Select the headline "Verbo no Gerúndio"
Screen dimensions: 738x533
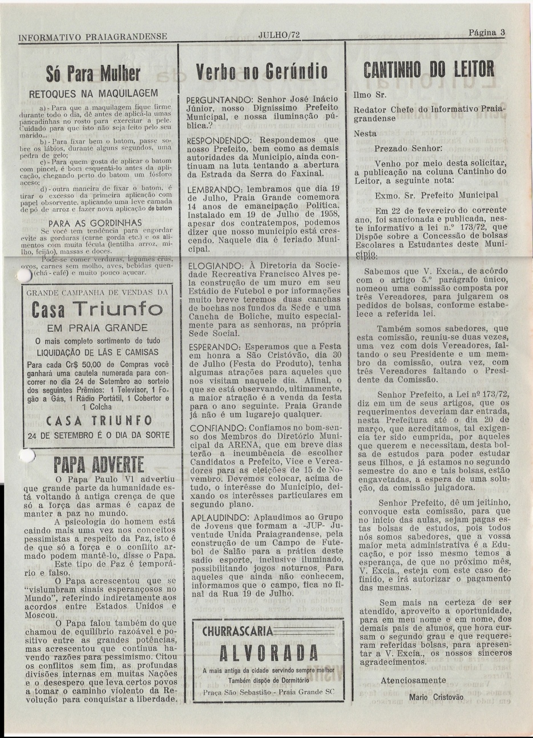261,72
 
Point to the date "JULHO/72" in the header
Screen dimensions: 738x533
278,35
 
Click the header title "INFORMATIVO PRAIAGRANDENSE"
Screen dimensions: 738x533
93,38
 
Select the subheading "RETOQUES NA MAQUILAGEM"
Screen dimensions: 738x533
93,94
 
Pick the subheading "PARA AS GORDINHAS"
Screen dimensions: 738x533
95,222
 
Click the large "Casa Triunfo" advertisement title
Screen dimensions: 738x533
94,310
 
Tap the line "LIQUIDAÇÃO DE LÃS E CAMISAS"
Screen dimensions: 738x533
94,352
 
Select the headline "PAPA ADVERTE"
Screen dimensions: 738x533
97,463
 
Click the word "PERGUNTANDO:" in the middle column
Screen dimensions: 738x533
217,99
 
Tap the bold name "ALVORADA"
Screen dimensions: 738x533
261,652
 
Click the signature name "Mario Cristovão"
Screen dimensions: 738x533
437,697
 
